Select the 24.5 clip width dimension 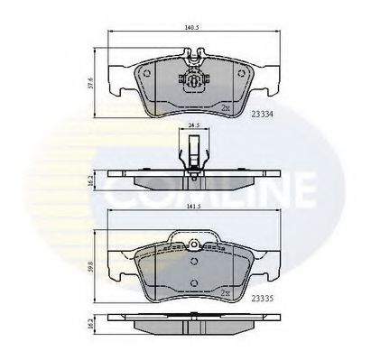pos(192,126)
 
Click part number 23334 pos(264,115)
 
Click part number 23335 pos(264,295)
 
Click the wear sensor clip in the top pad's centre pos(191,78)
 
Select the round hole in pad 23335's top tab pos(191,243)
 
